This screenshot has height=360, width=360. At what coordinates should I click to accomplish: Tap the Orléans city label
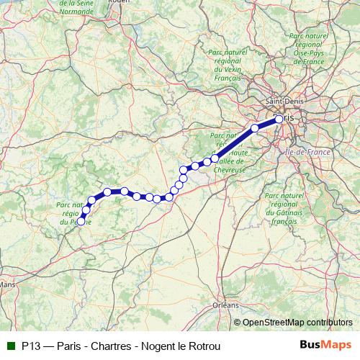[x=225, y=305]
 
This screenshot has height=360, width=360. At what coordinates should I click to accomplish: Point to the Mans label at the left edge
[x=8, y=284]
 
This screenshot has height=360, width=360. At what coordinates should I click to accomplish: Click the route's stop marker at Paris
[x=279, y=119]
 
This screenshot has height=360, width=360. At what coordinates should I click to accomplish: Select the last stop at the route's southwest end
[x=81, y=222]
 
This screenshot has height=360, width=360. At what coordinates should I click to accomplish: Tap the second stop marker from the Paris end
[x=254, y=128]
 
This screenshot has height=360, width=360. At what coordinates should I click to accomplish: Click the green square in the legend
[x=10, y=346]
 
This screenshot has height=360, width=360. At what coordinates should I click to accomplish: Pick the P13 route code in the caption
[x=30, y=346]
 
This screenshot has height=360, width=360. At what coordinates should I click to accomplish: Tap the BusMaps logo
[x=325, y=345]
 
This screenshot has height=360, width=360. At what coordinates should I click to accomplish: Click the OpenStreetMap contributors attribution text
[x=298, y=323]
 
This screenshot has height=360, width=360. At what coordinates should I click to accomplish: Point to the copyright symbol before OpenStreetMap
[x=238, y=323]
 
